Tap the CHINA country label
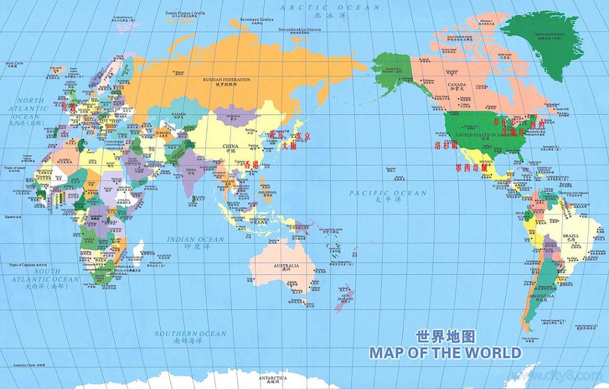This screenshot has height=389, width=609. coord(230,146)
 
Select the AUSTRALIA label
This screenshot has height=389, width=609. coord(286,266)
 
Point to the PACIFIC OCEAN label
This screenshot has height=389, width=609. coord(388,193)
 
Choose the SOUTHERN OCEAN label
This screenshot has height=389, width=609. coord(190,334)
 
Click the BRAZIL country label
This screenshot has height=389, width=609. coord(571,237)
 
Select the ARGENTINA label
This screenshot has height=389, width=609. coord(541,296)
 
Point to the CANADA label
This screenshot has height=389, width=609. coord(457,85)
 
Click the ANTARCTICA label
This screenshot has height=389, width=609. coord(273,379)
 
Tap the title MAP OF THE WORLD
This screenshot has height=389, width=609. coord(445,352)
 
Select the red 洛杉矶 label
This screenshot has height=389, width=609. coord(446,146)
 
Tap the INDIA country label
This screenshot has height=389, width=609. coord(191,170)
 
